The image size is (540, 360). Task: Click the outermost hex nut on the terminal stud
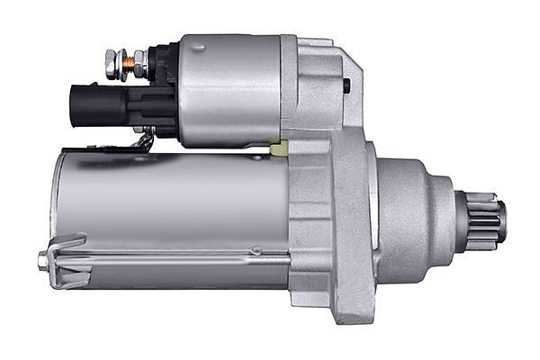pyautogui.click(x=112, y=63)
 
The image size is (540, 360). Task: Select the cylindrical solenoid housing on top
pyautogui.click(x=229, y=90)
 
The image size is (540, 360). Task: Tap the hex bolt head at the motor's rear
pyautogui.click(x=42, y=262)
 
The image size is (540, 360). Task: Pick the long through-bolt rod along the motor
pyautogui.click(x=180, y=258)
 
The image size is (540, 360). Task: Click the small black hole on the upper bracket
pyautogui.click(x=346, y=85)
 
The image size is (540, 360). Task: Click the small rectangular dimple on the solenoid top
pyautogui.click(x=199, y=47)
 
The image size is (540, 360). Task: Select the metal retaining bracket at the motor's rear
pyautogui.click(x=67, y=261)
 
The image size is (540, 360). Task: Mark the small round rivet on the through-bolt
pyautogui.click(x=256, y=250)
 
